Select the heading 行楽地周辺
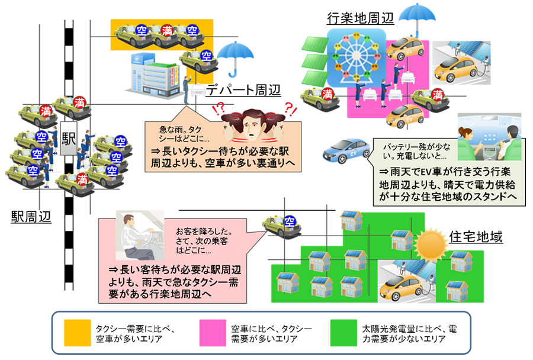click(360, 18)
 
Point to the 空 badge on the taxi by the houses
click(290, 221)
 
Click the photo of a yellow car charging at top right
click(461, 65)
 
